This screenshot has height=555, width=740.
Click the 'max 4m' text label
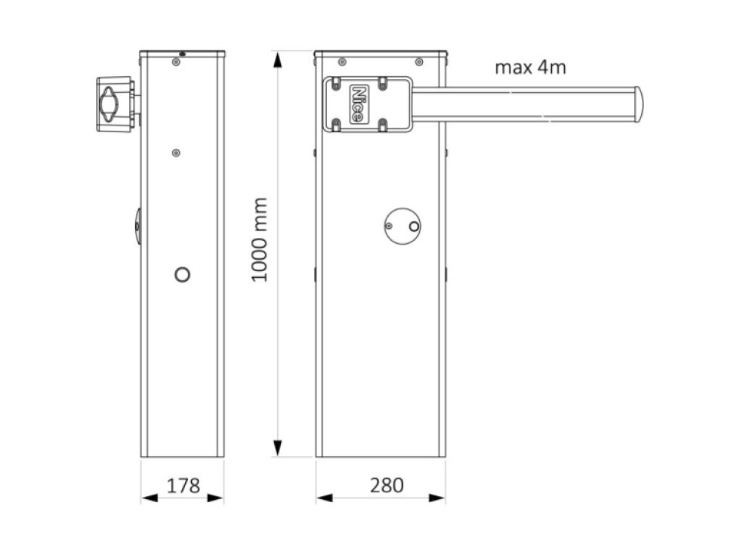tap(530, 67)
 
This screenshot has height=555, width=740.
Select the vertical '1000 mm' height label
tap(260, 239)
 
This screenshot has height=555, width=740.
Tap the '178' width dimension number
tap(182, 486)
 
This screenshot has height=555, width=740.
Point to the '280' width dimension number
tap(386, 486)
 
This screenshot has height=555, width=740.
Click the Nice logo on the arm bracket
tap(360, 104)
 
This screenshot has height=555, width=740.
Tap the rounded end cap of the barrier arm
tap(637, 104)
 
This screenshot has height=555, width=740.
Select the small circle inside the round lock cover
tap(413, 226)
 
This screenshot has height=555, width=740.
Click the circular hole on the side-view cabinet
tap(182, 275)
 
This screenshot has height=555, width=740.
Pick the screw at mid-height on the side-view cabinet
tap(176, 153)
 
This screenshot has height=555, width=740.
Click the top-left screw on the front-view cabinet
tap(342, 61)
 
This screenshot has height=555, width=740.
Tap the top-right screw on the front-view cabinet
tap(418, 61)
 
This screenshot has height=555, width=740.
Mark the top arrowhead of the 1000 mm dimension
tap(279, 60)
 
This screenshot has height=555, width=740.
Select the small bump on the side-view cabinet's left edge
tap(138, 227)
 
